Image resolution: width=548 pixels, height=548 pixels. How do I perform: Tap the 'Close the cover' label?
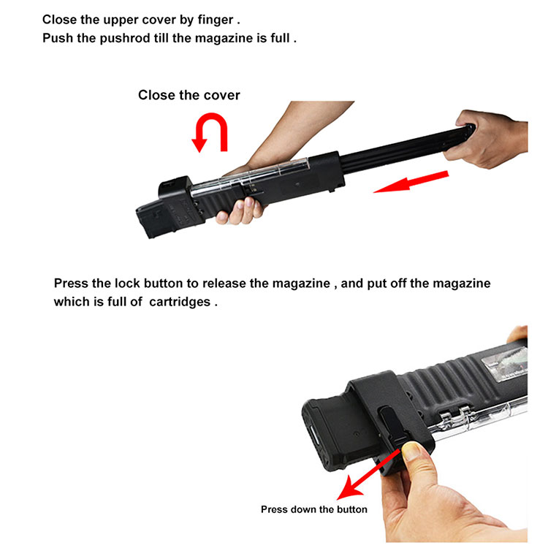[x=189, y=95]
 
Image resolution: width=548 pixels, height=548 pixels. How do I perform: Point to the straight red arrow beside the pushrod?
[x=410, y=182]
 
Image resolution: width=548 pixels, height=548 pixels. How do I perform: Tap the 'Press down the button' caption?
[x=313, y=509]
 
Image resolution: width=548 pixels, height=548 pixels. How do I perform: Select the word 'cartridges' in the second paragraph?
[x=179, y=301]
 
